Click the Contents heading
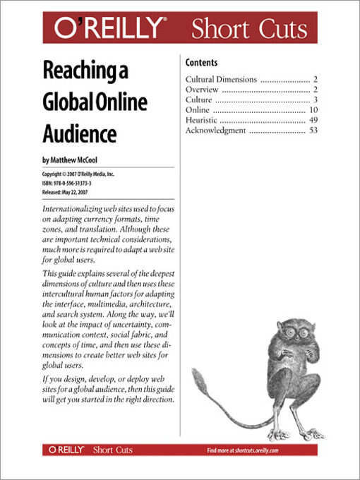[x=201, y=63]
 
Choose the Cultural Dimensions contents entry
[x=221, y=80]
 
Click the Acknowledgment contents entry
[x=216, y=131]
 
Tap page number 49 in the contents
[x=313, y=121]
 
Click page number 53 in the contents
[x=313, y=131]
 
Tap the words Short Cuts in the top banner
[x=249, y=29]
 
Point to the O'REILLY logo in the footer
[x=66, y=450]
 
